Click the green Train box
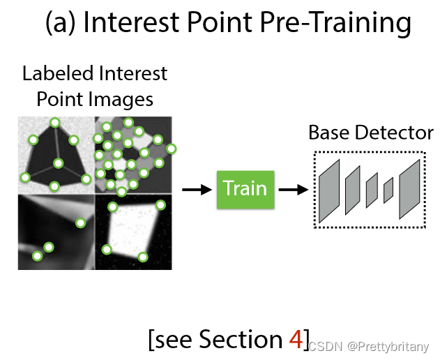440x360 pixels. click(245, 188)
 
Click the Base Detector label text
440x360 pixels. click(370, 133)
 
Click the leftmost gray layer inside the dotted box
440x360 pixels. click(328, 190)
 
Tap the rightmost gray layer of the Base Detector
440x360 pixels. click(409, 189)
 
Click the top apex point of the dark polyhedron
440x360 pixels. click(55, 123)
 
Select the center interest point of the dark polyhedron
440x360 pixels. click(59, 163)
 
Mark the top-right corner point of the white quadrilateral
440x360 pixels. click(160, 205)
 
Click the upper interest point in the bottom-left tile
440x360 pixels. click(80, 223)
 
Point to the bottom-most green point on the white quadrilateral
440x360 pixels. click(143, 257)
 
